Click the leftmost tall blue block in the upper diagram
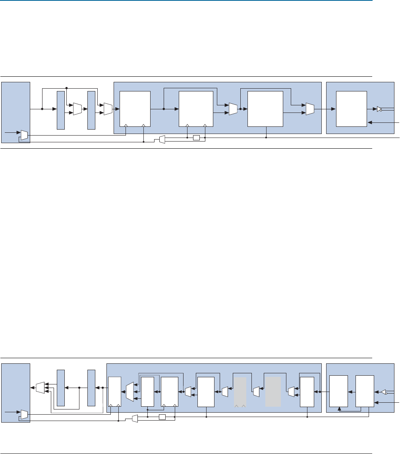point(15,112)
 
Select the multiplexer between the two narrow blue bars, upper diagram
point(77,109)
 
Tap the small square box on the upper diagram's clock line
point(196,138)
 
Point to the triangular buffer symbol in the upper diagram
point(379,109)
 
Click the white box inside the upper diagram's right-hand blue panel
point(351,109)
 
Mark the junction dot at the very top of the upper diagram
point(67,88)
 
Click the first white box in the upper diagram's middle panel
point(135,109)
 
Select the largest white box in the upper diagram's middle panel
point(265,109)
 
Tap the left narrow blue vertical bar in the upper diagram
point(60,110)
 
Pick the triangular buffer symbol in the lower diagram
point(383,392)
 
